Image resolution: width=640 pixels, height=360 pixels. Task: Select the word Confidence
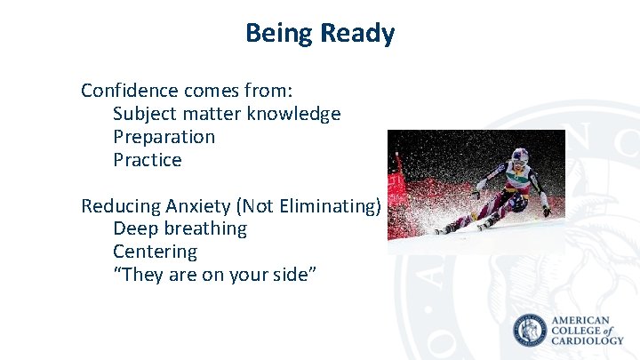(x=130, y=91)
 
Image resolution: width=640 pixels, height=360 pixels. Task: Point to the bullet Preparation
(x=164, y=137)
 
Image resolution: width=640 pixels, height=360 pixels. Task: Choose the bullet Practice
(x=147, y=160)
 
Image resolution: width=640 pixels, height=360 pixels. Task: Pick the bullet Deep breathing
(x=180, y=228)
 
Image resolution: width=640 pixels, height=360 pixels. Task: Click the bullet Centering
(x=155, y=252)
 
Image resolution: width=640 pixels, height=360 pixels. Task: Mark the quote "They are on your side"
(x=214, y=275)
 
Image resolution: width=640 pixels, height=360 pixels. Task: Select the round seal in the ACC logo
(x=531, y=330)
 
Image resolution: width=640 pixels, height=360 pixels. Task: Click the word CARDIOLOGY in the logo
(x=588, y=340)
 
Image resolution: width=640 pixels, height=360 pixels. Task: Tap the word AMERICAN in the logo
(x=581, y=319)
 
